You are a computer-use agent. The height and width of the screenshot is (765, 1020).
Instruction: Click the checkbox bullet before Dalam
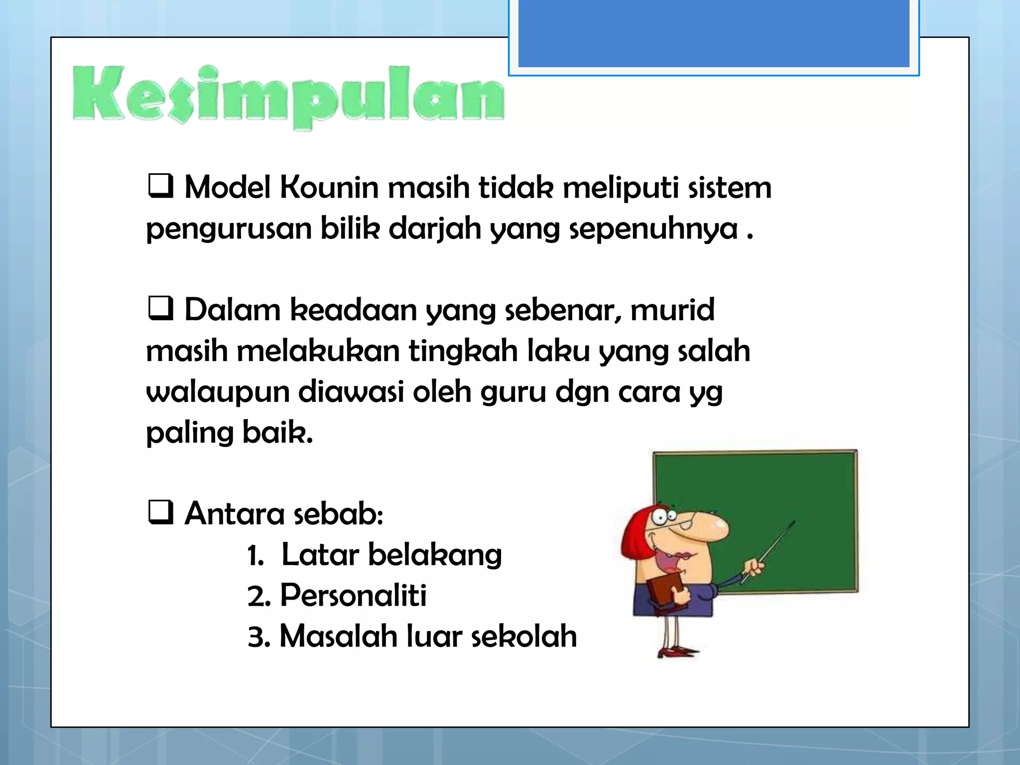(160, 308)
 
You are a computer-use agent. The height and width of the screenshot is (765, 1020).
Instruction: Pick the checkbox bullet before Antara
(160, 512)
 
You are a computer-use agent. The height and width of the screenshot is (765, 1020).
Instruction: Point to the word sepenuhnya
(653, 230)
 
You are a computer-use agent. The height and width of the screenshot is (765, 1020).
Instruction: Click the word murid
(672, 310)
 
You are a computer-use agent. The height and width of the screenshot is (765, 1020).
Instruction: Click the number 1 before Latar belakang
(255, 556)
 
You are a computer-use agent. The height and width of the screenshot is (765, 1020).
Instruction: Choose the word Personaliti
(353, 596)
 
